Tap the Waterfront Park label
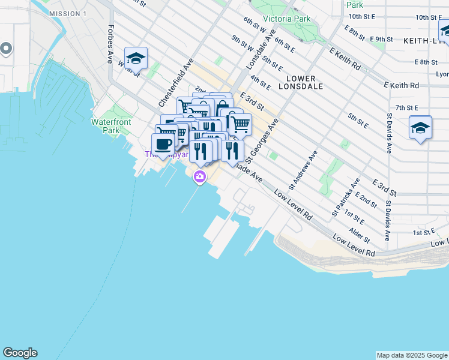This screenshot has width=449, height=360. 106,125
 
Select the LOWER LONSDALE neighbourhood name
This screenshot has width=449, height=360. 305,82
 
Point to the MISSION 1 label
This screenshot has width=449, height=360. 68,13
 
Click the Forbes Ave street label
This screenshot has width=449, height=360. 110,44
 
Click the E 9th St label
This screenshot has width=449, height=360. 381,40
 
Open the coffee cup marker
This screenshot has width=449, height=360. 163,143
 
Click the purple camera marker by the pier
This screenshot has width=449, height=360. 199,177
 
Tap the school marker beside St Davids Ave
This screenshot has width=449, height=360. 420,127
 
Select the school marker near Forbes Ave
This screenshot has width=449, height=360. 136,58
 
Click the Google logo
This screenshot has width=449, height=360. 20,353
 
